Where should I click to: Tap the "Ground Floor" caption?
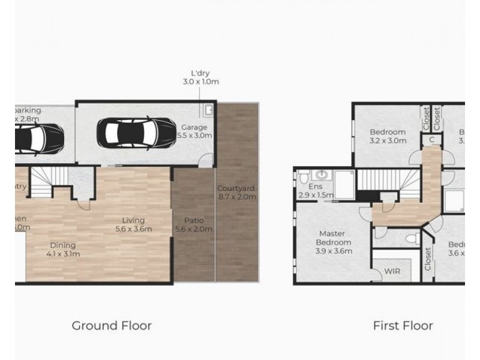point(112,326)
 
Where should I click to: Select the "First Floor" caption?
point(403,326)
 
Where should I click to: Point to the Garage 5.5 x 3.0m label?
point(194,132)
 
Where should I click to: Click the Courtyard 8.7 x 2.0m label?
point(236,192)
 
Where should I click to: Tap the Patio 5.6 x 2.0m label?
point(193,224)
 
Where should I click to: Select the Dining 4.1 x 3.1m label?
point(62,249)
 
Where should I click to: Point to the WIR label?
point(393,271)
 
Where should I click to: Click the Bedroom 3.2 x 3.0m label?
point(387,136)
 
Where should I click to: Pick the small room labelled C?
point(431,140)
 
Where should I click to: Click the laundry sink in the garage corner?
point(208,110)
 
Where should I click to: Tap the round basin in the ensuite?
point(322,176)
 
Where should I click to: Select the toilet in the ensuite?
point(304,178)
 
